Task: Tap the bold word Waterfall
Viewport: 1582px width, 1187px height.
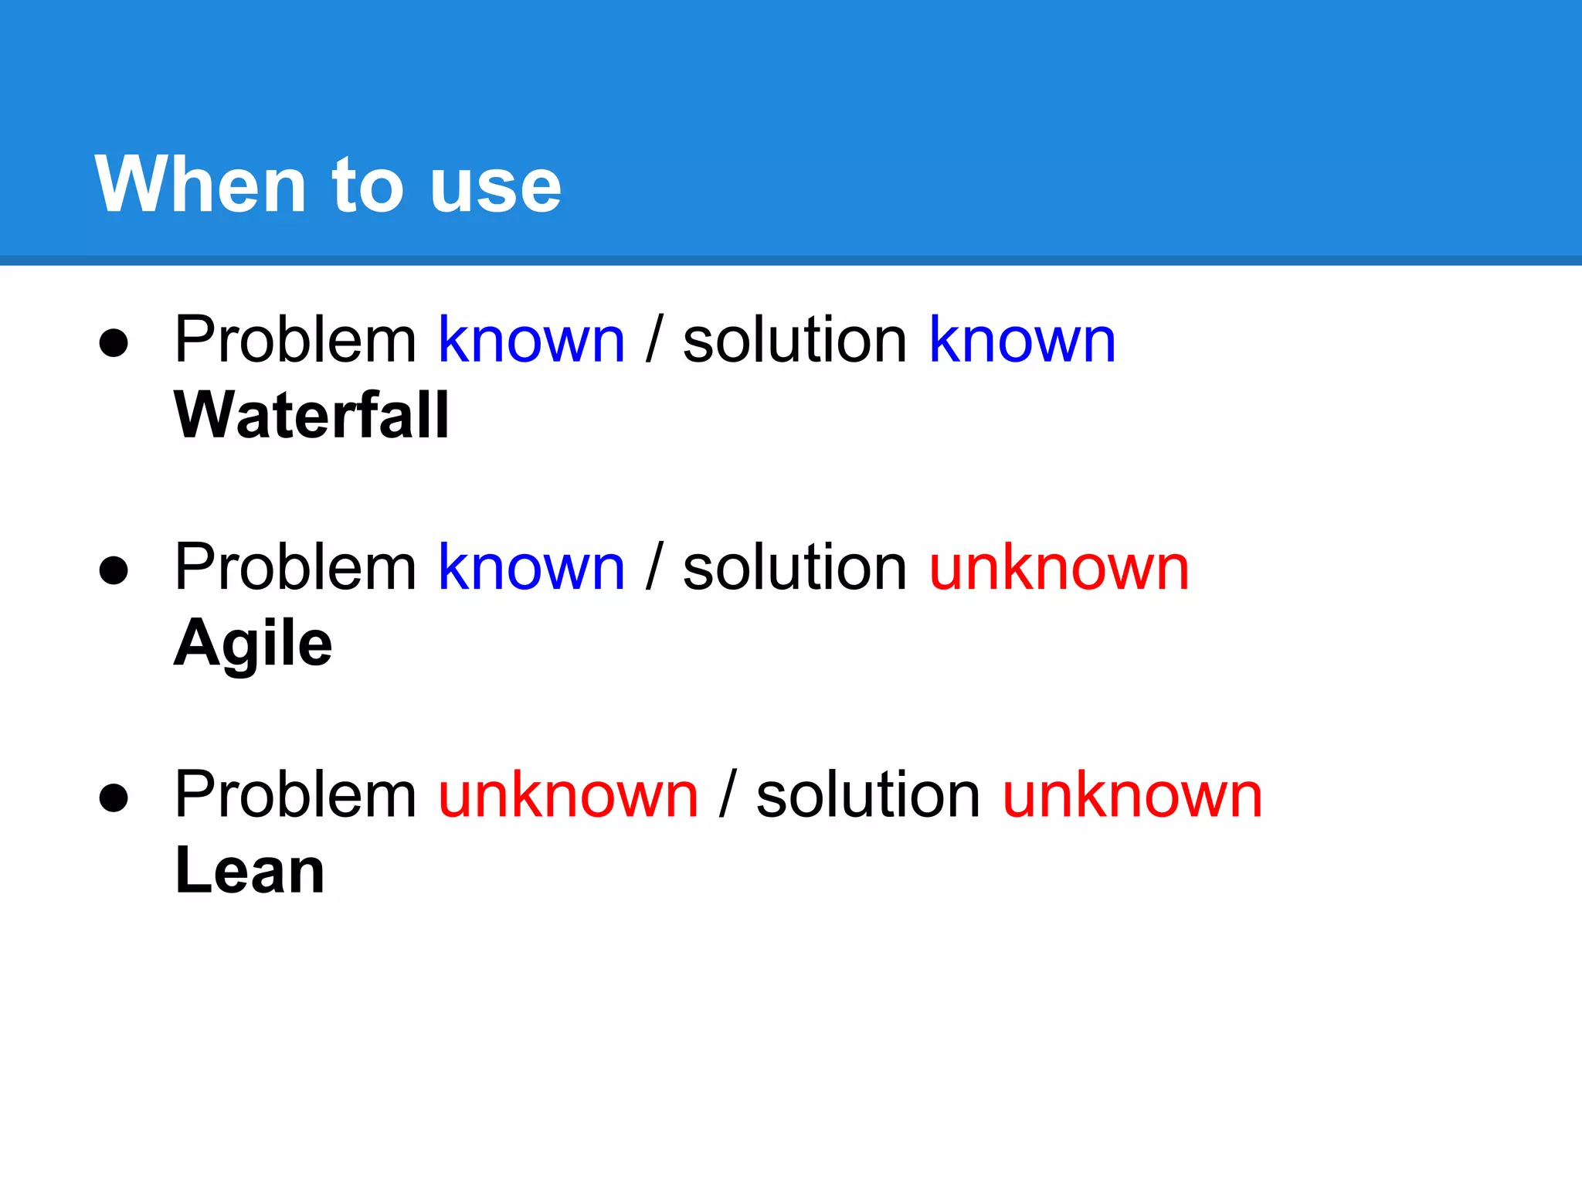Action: (x=311, y=415)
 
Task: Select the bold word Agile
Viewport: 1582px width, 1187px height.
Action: (x=253, y=643)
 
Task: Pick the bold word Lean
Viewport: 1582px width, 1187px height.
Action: (x=250, y=870)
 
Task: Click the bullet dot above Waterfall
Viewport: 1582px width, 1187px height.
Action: (x=114, y=342)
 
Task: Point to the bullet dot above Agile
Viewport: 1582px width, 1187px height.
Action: (x=114, y=570)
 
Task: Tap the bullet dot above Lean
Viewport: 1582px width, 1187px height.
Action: (x=114, y=798)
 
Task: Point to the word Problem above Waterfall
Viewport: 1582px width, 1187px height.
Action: (x=295, y=340)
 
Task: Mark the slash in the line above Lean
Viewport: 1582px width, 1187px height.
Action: (x=727, y=794)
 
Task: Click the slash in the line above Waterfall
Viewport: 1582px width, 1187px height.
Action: (x=654, y=340)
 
